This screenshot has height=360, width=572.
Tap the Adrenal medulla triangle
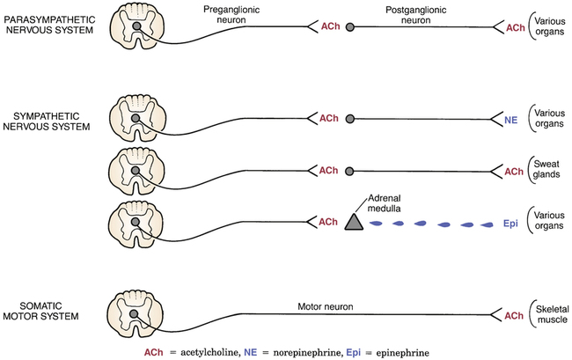354,222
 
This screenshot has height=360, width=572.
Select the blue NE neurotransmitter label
511,118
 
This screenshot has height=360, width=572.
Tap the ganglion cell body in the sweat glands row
350,170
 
